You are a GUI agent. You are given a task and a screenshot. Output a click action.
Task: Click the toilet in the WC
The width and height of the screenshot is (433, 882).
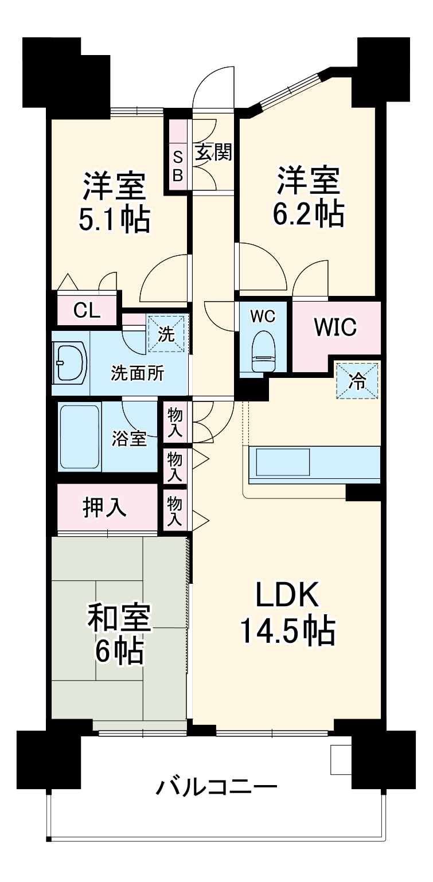click(263, 351)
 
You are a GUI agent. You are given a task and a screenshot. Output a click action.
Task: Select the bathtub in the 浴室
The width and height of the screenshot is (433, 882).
click(79, 436)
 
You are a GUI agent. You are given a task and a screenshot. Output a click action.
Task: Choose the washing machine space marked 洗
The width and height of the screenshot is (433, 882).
click(166, 334)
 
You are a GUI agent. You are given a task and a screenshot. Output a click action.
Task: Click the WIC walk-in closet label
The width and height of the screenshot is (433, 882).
click(336, 326)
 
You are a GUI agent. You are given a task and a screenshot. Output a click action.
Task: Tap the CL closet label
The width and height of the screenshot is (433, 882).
click(87, 311)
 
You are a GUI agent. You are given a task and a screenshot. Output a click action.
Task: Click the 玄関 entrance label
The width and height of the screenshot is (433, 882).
click(214, 152)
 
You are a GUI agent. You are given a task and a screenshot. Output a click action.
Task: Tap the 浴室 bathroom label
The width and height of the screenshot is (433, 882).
click(129, 438)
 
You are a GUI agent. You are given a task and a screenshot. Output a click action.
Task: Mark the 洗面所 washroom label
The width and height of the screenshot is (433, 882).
click(137, 373)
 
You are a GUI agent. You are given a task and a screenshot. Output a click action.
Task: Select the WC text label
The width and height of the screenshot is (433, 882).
click(263, 316)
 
